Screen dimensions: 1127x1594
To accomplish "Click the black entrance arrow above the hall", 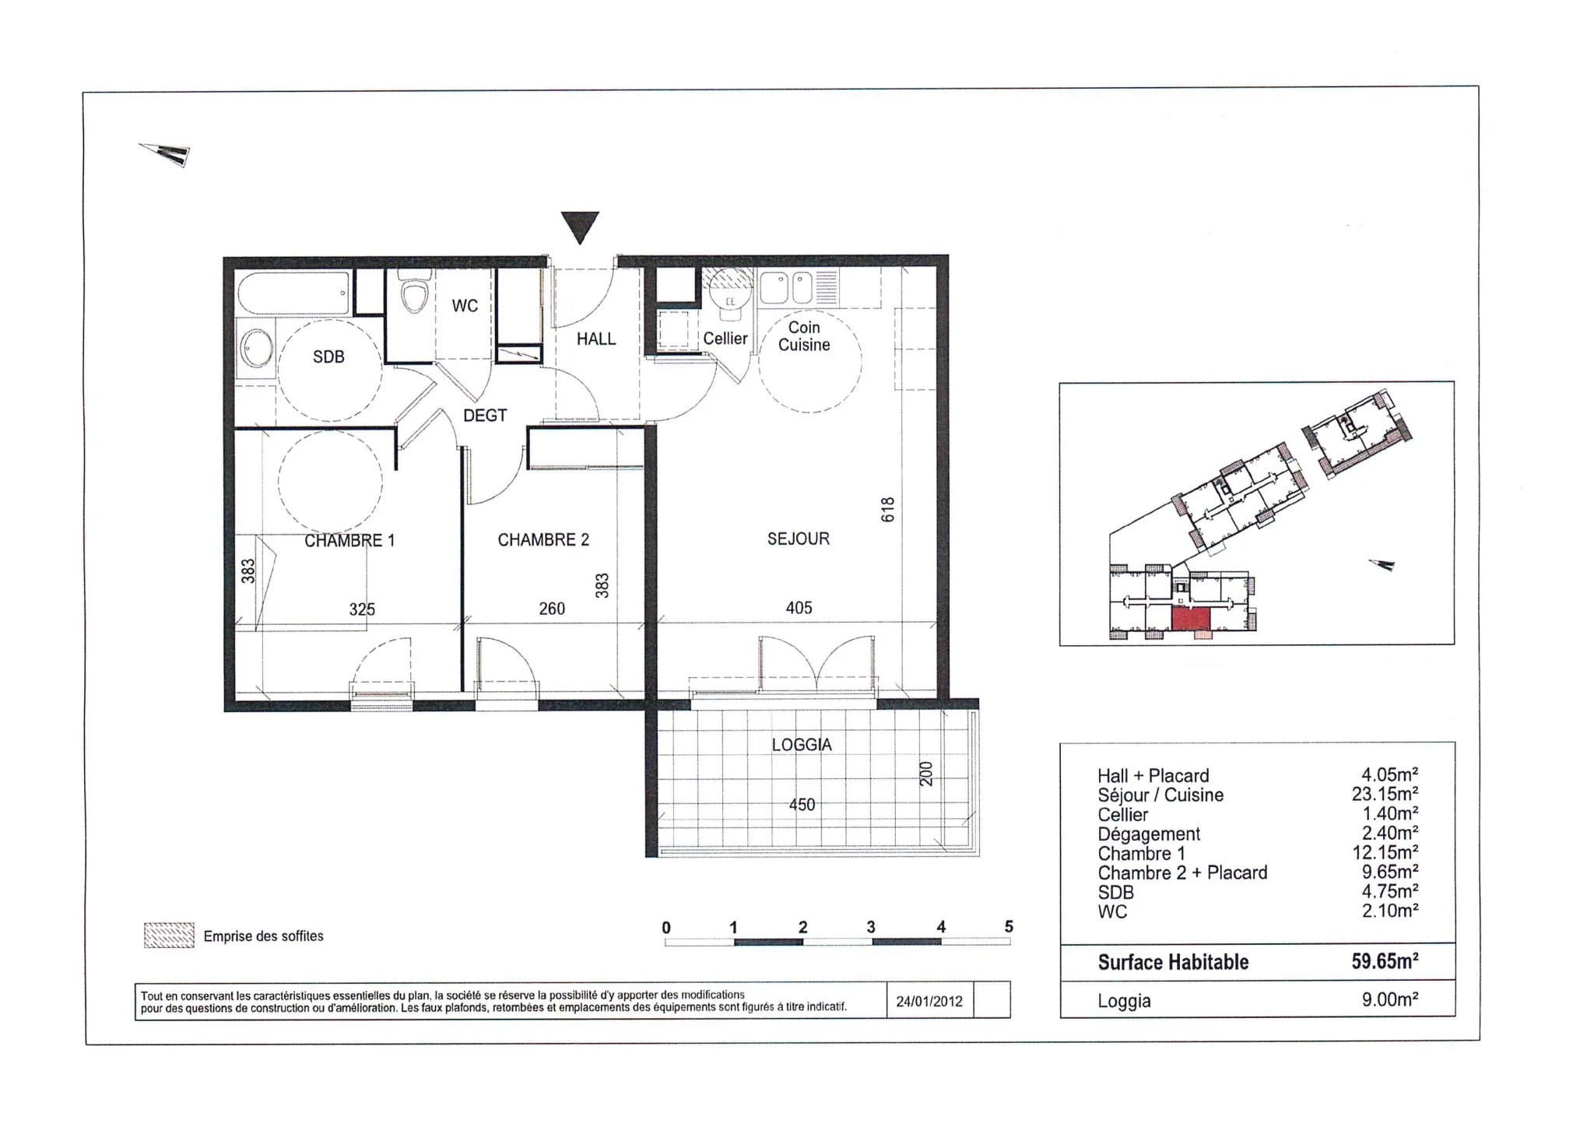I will coord(580,226).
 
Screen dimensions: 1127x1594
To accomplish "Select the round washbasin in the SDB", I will coord(256,349).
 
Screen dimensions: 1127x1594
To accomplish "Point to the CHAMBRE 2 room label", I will coord(543,539).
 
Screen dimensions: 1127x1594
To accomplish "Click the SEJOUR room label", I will coord(798,539).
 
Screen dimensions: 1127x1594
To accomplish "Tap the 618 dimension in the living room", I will coord(888,510).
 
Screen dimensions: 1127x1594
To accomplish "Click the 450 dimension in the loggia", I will coord(802,805).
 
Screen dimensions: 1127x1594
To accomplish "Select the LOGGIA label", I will coord(802,745).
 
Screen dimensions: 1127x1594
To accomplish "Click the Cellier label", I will coord(725,339).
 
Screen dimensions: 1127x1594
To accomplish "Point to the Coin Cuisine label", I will coord(804,336).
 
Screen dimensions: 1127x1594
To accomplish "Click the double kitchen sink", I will coord(786,288).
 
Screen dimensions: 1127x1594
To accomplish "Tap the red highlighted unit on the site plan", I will coord(1190,620).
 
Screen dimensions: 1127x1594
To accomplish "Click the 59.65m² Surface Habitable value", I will coord(1385,961).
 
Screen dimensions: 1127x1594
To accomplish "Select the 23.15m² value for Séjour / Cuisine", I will coord(1385,794).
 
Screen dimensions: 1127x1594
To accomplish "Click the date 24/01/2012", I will coord(929,1002).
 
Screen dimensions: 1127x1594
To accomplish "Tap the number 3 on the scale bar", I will coord(871,927).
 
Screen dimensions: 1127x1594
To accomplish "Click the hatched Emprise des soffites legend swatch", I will coord(169,935).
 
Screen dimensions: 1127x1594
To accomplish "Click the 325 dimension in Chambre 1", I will coord(362,609).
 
